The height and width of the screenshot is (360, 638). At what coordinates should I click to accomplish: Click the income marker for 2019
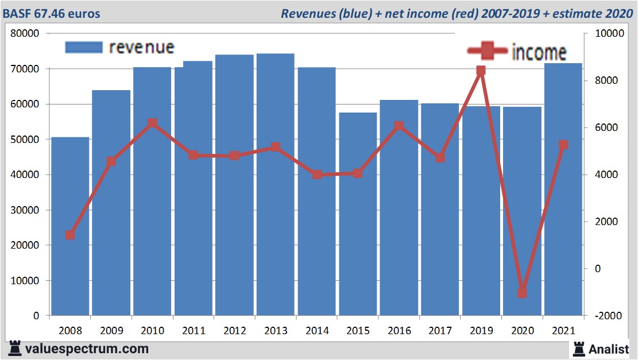click(481, 71)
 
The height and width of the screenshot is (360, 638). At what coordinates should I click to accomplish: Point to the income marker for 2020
click(522, 293)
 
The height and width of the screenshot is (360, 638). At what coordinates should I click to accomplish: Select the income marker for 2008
click(70, 235)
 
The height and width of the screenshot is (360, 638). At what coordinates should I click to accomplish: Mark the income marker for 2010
click(152, 123)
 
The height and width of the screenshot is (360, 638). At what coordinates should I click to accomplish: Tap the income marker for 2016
click(399, 126)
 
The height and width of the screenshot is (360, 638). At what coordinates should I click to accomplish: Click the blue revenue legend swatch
click(84, 47)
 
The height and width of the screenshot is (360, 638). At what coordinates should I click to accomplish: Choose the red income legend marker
click(488, 52)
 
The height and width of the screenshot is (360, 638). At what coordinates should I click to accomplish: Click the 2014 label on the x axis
click(316, 331)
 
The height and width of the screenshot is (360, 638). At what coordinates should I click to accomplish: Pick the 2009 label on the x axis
click(111, 331)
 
